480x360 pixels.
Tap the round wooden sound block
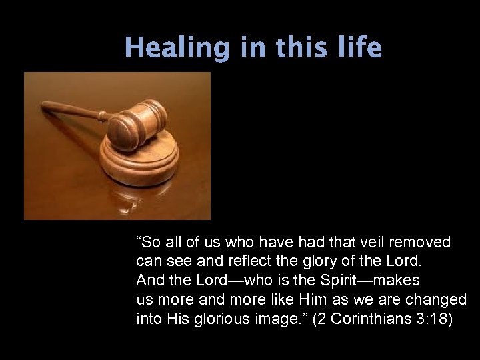tap(140, 163)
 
